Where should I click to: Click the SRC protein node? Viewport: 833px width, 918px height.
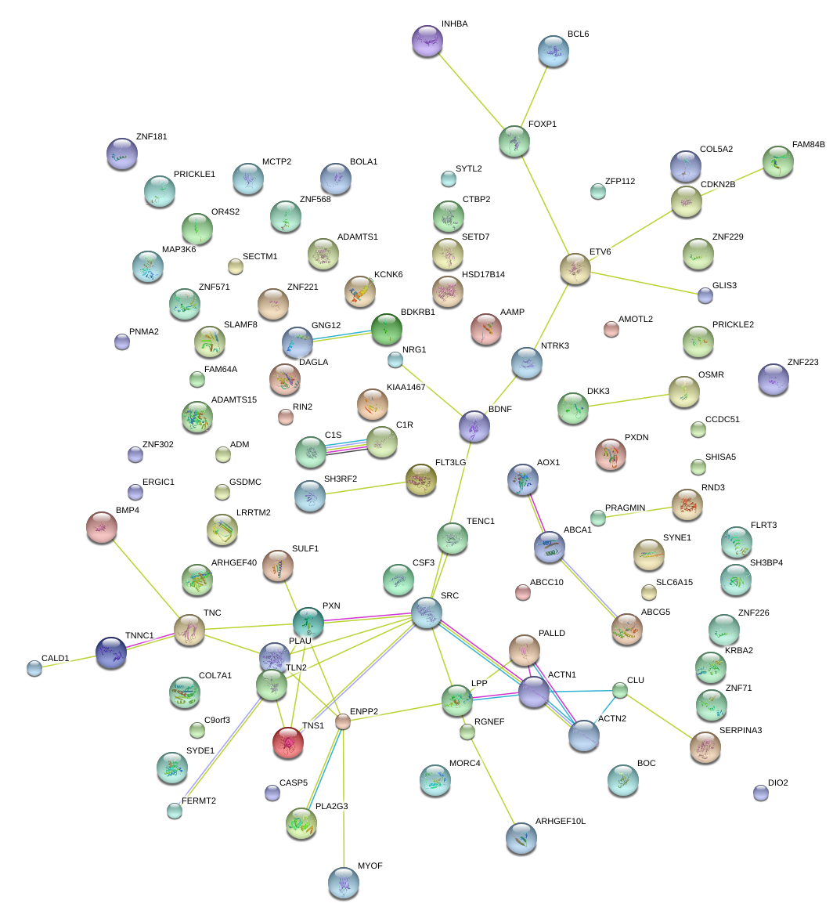click(427, 612)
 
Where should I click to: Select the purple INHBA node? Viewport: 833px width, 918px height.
click(427, 41)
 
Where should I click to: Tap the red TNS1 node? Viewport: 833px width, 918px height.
click(288, 743)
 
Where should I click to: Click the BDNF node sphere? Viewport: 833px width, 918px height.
click(474, 426)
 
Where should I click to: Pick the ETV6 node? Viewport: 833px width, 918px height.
click(575, 269)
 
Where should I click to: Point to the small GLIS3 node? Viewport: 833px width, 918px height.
click(705, 295)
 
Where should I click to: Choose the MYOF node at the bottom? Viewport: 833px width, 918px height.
click(344, 882)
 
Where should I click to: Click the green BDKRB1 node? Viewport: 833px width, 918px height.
click(386, 330)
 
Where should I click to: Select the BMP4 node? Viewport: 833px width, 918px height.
click(102, 527)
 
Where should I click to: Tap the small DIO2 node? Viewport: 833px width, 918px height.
click(760, 793)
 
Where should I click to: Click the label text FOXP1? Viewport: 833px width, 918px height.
click(542, 124)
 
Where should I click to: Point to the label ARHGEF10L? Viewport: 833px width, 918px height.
click(560, 822)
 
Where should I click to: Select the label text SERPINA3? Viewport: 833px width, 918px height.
click(740, 730)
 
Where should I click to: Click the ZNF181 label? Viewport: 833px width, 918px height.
click(151, 136)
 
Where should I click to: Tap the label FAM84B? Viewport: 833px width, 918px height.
click(808, 145)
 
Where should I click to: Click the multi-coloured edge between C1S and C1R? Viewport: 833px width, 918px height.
click(346, 446)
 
